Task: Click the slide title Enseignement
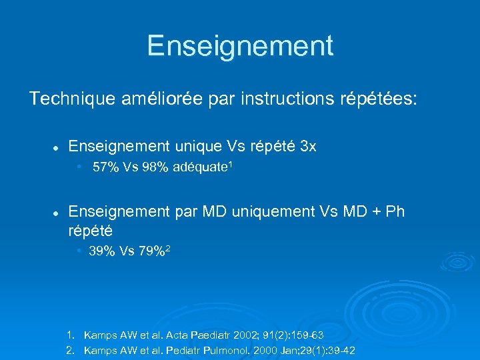tap(240, 46)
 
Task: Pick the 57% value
tap(104, 168)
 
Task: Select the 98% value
tap(153, 168)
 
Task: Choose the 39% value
tap(101, 251)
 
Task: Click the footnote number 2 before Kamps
tap(69, 351)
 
